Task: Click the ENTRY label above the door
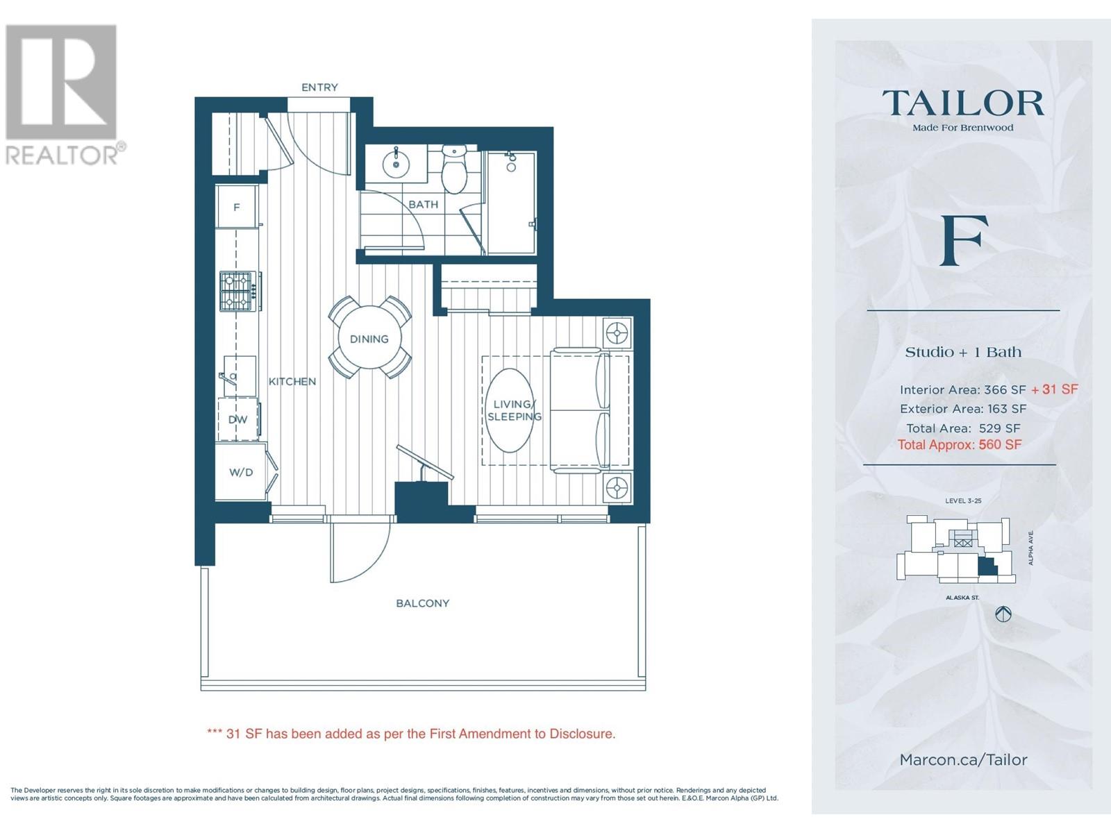pyautogui.click(x=319, y=87)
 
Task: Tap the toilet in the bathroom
pyautogui.click(x=453, y=169)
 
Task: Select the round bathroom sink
pyautogui.click(x=396, y=162)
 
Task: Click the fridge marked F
pyautogui.click(x=236, y=207)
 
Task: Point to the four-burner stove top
pyautogui.click(x=236, y=291)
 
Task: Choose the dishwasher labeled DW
pyautogui.click(x=238, y=420)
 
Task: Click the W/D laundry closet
pyautogui.click(x=241, y=473)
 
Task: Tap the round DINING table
pyautogui.click(x=369, y=338)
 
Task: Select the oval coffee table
pyautogui.click(x=510, y=410)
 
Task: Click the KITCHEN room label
pyautogui.click(x=292, y=382)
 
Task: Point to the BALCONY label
pyautogui.click(x=423, y=603)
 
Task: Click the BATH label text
pyautogui.click(x=423, y=204)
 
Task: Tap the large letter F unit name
pyautogui.click(x=964, y=240)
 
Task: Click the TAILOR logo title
pyautogui.click(x=962, y=103)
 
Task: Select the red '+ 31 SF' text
pyautogui.click(x=1055, y=389)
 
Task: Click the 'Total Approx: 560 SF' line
pyautogui.click(x=960, y=444)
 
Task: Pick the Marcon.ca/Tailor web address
pyautogui.click(x=964, y=759)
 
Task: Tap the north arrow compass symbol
pyautogui.click(x=1003, y=614)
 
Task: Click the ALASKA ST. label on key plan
pyautogui.click(x=962, y=598)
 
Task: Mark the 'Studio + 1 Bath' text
pyautogui.click(x=963, y=352)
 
